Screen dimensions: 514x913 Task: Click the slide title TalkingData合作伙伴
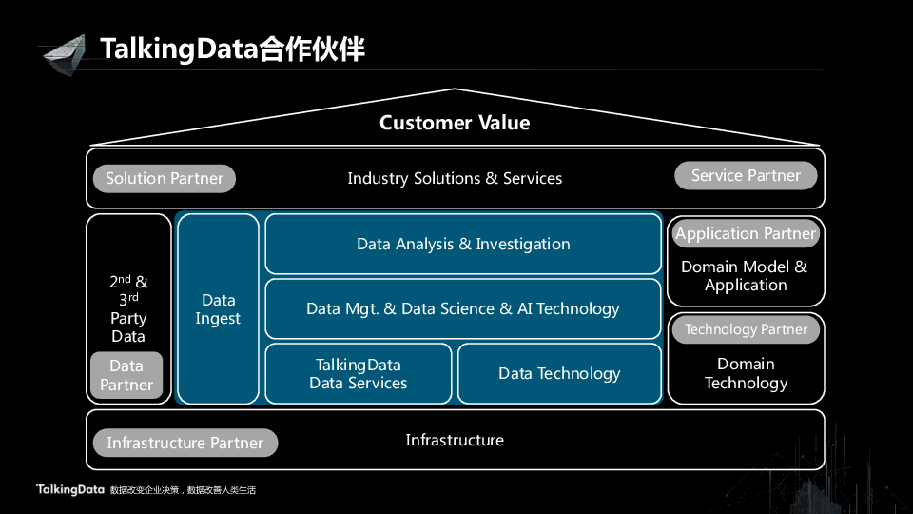(232, 49)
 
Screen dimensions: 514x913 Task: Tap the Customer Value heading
(455, 123)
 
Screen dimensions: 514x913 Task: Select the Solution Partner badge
(165, 179)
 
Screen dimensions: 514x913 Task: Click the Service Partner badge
(746, 175)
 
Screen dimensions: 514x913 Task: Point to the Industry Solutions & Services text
(455, 179)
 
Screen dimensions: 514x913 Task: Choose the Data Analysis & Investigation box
(463, 245)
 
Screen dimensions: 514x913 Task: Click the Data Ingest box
(218, 309)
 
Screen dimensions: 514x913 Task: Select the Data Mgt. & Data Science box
(463, 309)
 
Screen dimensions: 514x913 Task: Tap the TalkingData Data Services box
(359, 374)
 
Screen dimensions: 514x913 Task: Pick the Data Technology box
(559, 374)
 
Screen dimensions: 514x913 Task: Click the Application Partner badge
(746, 234)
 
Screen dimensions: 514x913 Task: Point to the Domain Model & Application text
(745, 276)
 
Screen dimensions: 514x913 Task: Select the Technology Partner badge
(746, 330)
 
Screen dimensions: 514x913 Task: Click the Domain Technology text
(746, 374)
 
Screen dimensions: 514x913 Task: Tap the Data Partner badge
(126, 376)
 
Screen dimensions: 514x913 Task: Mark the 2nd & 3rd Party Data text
(128, 308)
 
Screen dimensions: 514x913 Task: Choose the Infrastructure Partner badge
(185, 444)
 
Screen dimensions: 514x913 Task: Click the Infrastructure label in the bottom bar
(455, 441)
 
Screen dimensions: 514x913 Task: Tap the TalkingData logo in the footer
(69, 490)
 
